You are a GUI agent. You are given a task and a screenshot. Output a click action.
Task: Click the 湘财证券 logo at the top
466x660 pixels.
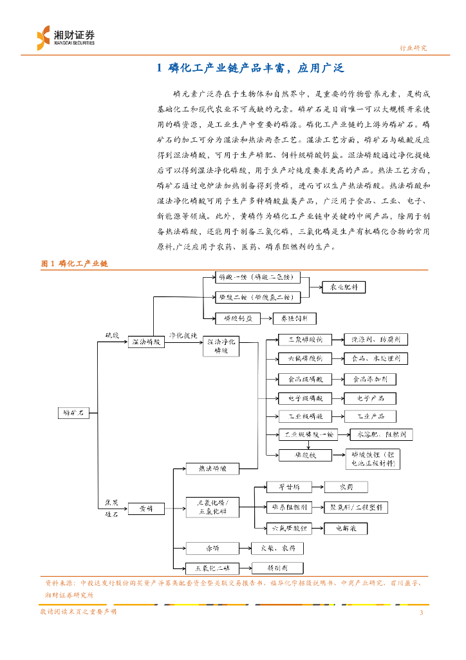[x=66, y=37]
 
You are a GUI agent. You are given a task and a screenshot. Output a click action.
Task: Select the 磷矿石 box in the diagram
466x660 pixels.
[x=73, y=412]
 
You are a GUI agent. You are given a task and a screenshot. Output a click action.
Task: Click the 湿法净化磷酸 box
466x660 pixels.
[x=221, y=345]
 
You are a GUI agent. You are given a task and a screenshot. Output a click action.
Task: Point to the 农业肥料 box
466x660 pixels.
[x=344, y=287]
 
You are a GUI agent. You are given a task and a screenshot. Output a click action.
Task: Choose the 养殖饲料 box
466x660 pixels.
[x=295, y=318]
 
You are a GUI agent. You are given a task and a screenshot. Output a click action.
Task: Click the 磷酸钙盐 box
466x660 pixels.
[x=238, y=318]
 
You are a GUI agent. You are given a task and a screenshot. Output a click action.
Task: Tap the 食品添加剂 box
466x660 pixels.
[x=370, y=379]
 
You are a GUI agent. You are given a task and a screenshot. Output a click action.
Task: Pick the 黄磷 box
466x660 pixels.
[x=146, y=509]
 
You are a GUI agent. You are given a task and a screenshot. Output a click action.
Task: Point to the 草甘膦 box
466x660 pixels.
[x=290, y=487]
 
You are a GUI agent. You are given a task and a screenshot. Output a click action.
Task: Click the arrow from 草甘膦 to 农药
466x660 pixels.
[x=318, y=487]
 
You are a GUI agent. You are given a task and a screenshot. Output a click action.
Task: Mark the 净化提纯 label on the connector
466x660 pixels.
[x=183, y=336]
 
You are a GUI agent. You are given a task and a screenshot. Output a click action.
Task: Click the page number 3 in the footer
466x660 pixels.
[x=421, y=612]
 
